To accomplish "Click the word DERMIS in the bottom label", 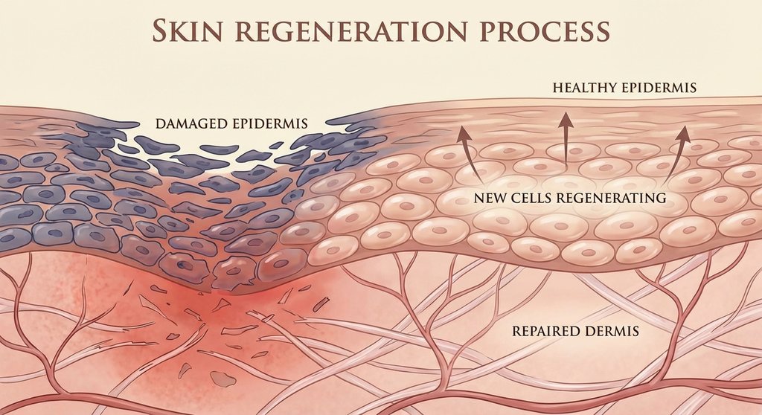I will pyautogui.click(x=612, y=329).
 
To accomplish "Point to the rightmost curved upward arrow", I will pyautogui.click(x=671, y=156).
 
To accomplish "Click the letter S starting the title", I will pyautogui.click(x=159, y=30).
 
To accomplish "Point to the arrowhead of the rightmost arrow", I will pyautogui.click(x=682, y=132).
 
